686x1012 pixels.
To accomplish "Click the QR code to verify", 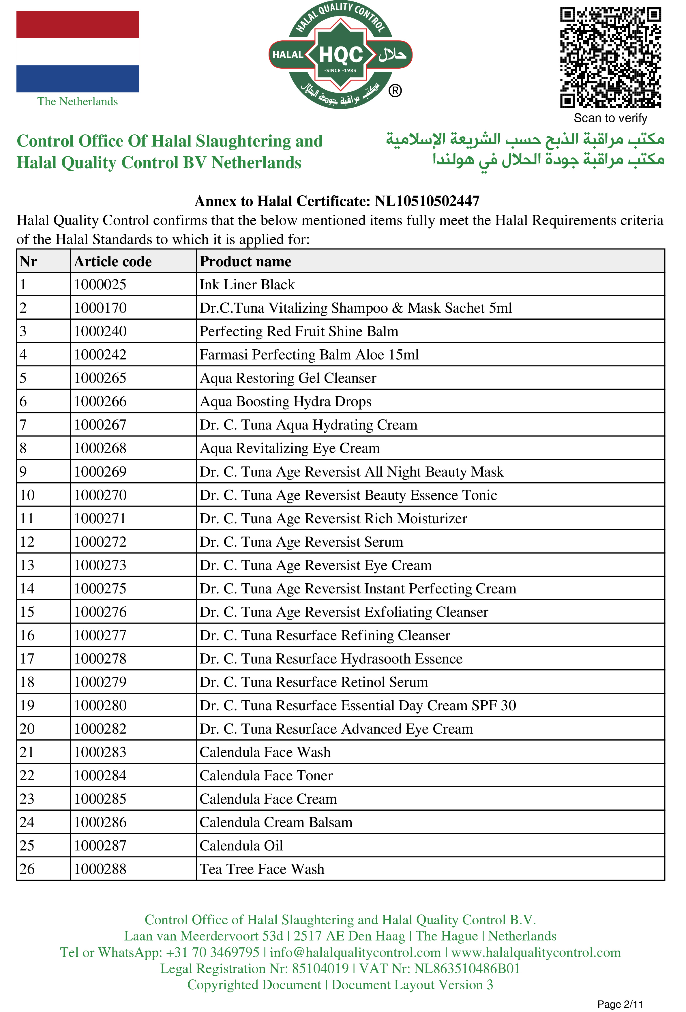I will click(610, 57).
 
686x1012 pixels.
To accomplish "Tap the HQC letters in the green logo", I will click(341, 55).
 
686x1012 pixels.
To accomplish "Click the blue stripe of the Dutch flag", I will click(78, 79).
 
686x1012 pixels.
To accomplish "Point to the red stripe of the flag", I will click(78, 25).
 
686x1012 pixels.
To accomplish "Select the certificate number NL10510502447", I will click(427, 201).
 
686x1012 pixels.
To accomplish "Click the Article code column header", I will click(113, 261).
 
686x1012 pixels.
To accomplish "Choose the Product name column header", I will click(245, 261).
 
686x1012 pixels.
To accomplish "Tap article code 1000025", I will click(100, 285).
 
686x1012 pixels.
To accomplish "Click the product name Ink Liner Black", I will click(247, 285).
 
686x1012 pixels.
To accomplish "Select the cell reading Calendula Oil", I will click(241, 846).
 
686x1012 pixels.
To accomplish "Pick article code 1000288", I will click(100, 869).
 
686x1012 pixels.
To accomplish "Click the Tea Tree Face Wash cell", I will click(262, 869).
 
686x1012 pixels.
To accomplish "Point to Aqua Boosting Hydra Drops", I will click(285, 402).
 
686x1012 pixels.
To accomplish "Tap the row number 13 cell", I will click(27, 565).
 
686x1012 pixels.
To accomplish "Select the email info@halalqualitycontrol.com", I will click(355, 952).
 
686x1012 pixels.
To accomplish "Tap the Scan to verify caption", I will click(610, 118).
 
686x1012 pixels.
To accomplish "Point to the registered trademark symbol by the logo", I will click(395, 91).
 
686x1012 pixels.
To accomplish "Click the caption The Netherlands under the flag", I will click(78, 102).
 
